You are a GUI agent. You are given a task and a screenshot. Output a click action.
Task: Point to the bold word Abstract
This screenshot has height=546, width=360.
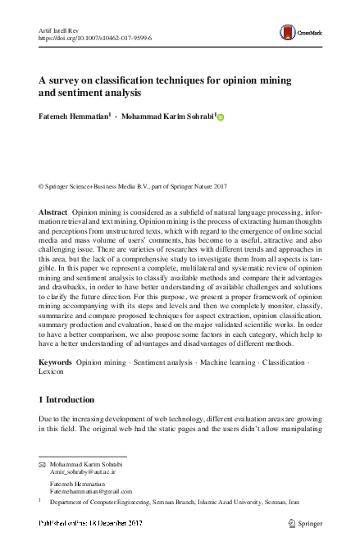(x=53, y=212)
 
